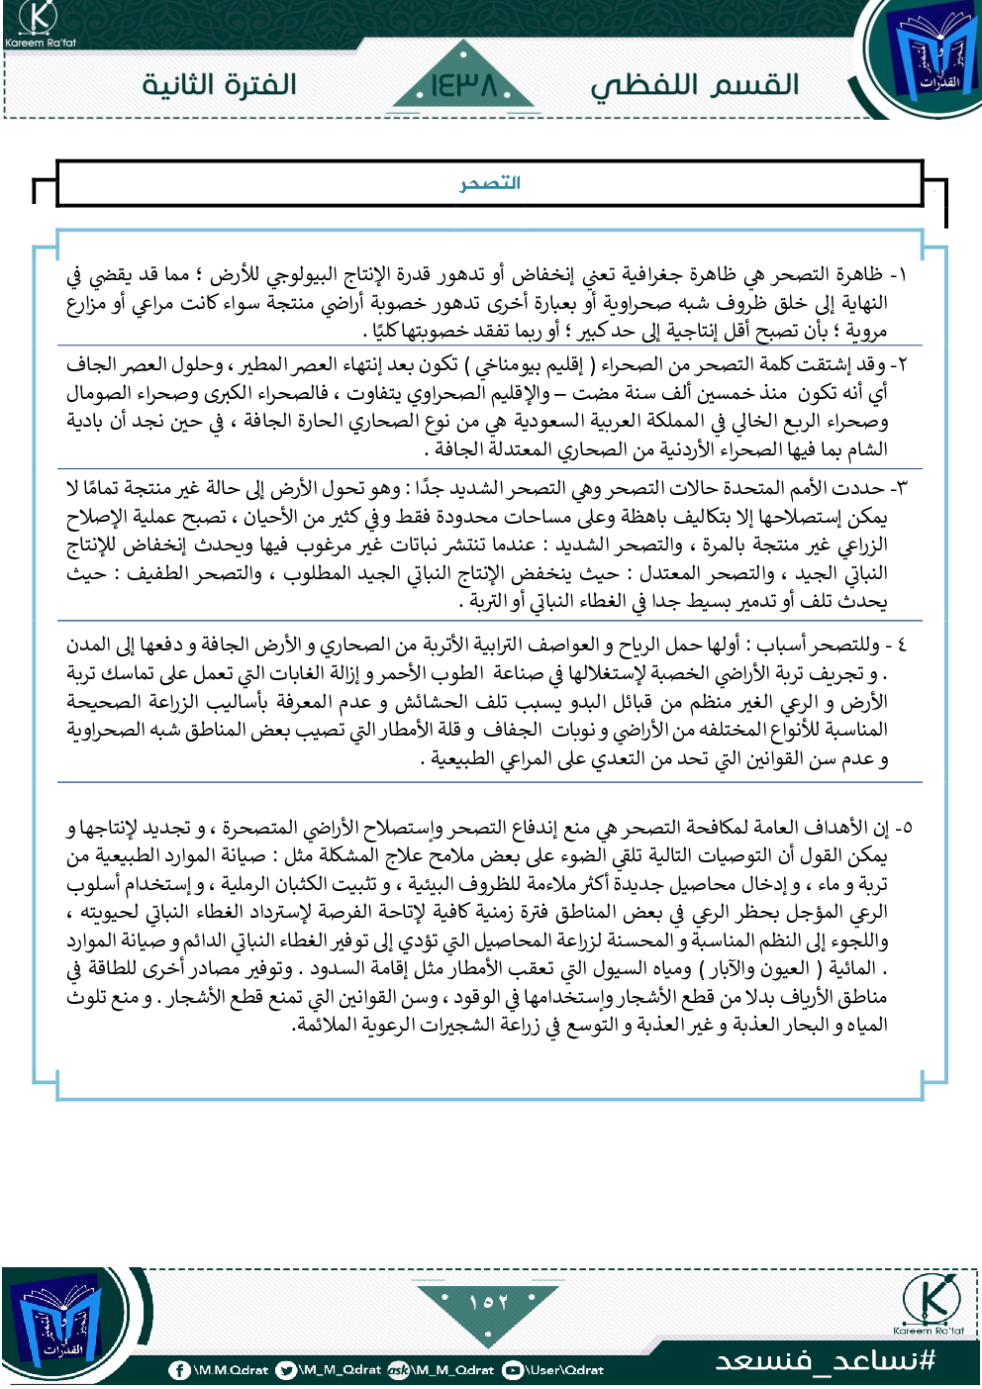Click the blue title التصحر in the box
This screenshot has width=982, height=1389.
490,183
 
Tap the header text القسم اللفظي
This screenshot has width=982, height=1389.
695,85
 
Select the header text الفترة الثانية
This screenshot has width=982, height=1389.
219,84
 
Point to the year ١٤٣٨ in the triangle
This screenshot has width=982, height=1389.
463,87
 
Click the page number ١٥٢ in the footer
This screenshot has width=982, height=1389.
488,1301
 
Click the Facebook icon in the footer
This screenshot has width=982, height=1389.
179,1370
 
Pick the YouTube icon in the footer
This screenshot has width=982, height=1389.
513,1370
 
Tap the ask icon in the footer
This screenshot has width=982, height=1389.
398,1370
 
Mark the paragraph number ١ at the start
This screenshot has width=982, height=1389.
899,275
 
